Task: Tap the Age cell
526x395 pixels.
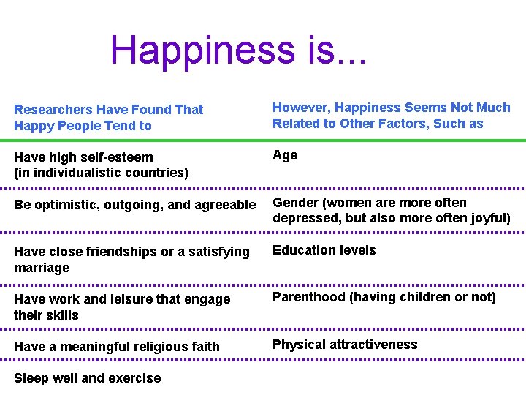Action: click(285, 155)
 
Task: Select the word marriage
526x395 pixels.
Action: click(42, 268)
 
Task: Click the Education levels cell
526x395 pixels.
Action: click(324, 250)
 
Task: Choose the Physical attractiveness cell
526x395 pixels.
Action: click(345, 345)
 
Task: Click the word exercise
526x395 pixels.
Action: click(134, 378)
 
